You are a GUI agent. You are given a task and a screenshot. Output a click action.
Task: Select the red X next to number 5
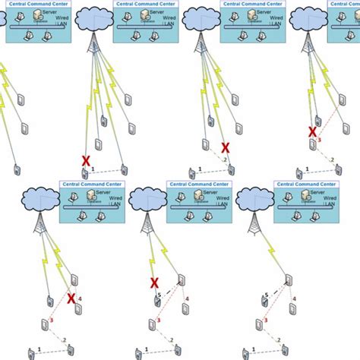(155, 283)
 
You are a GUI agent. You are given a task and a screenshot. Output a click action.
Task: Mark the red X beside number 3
(312, 131)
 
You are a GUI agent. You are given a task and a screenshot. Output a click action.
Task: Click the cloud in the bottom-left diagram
(39, 199)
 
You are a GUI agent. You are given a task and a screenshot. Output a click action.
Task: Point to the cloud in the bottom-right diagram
(252, 199)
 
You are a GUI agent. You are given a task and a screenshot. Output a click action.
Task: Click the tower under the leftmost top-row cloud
(93, 46)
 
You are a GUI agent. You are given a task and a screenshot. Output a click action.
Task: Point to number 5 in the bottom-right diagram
(267, 294)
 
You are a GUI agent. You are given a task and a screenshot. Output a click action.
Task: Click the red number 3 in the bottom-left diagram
(52, 320)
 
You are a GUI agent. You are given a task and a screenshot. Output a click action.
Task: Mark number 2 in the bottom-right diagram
(278, 339)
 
